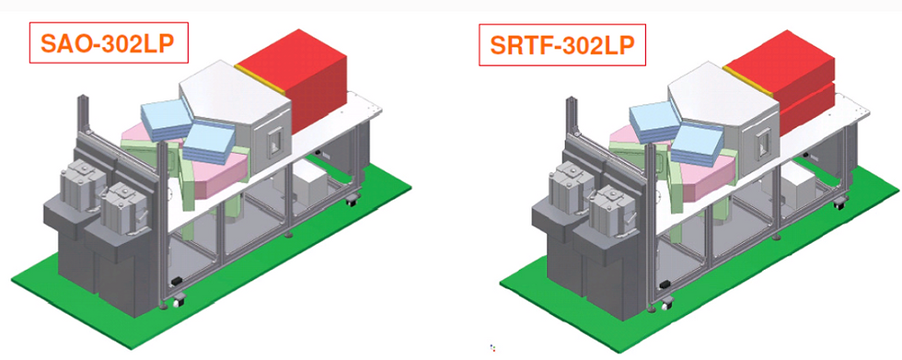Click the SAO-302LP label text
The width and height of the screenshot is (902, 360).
coord(107,43)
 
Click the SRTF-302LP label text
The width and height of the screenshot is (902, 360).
coord(562,44)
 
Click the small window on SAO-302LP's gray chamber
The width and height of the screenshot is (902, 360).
coord(275,141)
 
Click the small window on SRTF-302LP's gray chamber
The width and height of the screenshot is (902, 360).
coord(764,143)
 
